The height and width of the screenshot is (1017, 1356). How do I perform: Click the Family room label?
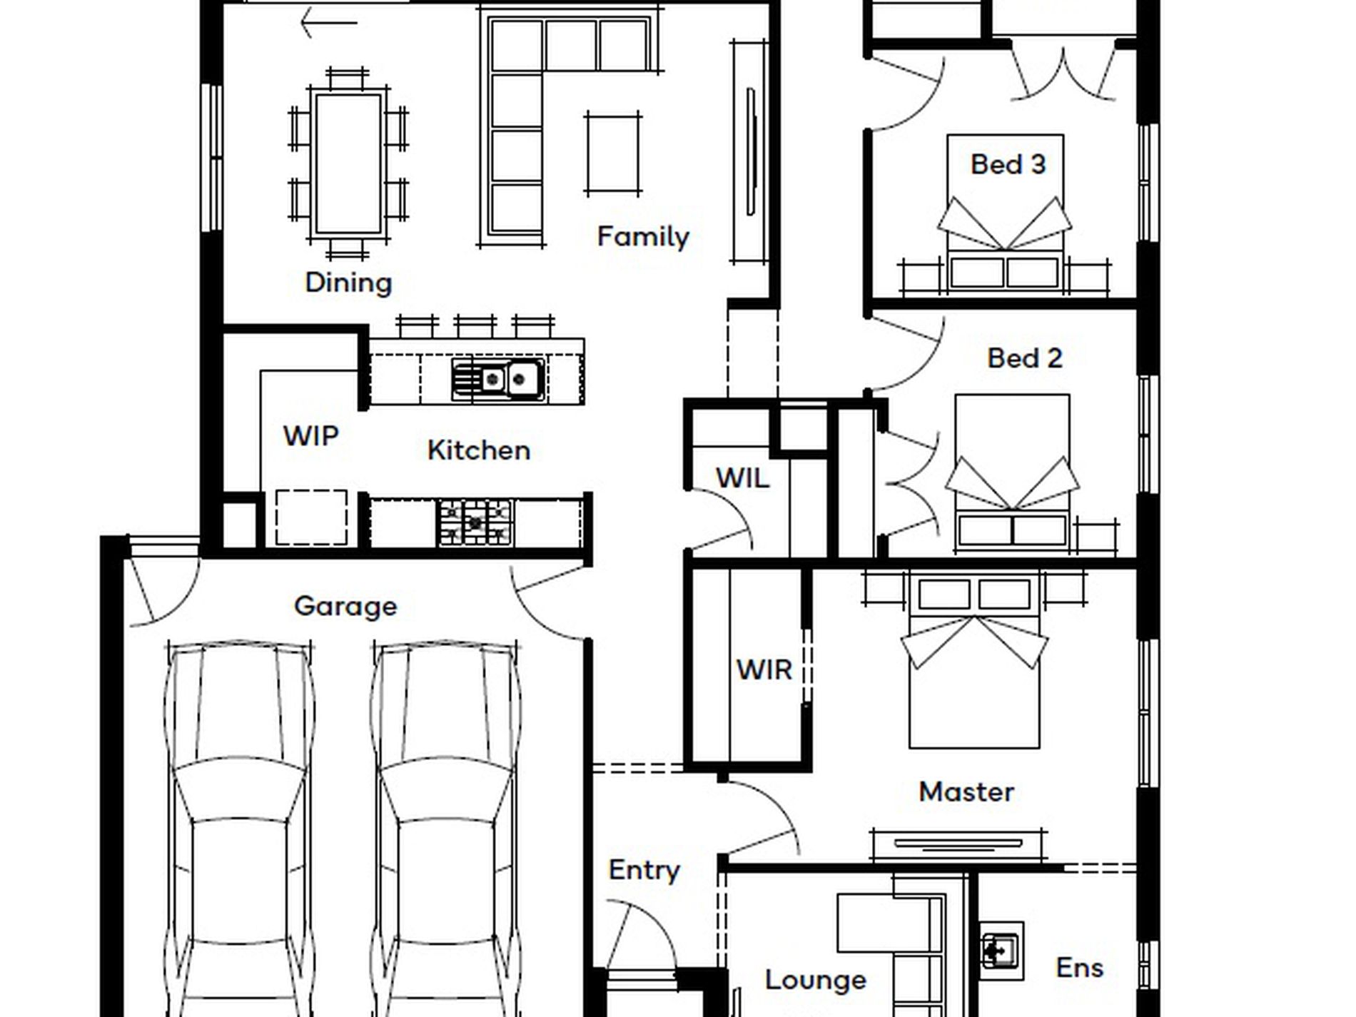(x=643, y=237)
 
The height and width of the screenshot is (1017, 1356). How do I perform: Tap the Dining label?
(x=348, y=283)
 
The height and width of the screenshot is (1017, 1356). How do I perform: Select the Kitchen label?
(x=479, y=450)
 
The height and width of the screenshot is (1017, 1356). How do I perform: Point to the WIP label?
(x=310, y=435)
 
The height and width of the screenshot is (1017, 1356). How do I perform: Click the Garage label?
(x=345, y=607)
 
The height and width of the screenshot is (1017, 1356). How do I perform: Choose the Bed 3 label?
(x=1008, y=165)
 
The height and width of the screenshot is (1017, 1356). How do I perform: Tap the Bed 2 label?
(x=1025, y=358)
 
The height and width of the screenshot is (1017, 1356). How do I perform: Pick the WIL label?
(x=742, y=478)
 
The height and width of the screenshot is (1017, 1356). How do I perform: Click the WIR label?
(x=764, y=670)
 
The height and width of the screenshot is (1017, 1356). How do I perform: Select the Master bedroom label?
(x=966, y=792)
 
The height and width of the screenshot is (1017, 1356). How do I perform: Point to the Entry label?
(x=644, y=871)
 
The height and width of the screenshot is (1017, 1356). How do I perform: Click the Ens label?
(x=1080, y=968)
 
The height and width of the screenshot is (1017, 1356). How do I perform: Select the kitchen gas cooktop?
(x=475, y=523)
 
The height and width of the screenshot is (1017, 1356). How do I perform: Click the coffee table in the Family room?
(x=613, y=153)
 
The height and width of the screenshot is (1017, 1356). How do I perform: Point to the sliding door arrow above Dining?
(x=328, y=23)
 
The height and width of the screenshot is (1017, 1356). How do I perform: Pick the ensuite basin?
(x=1001, y=951)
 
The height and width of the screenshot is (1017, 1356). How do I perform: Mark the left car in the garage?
(x=239, y=828)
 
